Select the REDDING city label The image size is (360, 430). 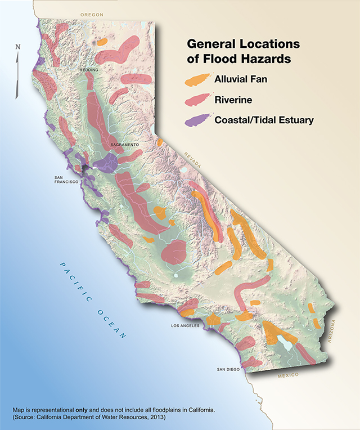coord(89,70)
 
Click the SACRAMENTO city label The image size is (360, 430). coord(124,145)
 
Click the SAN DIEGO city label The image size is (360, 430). coord(229,369)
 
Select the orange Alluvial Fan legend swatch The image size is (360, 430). coord(197,80)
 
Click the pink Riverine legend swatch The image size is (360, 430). coord(197,100)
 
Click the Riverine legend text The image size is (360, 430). coord(233,100)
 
